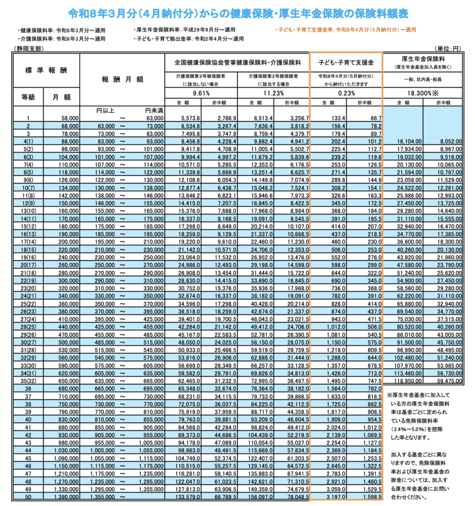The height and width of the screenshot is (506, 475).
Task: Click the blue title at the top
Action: [x=237, y=11]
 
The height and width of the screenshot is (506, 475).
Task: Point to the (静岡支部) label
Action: [x=29, y=48]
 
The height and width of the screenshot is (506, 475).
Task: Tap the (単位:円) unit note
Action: [x=449, y=48]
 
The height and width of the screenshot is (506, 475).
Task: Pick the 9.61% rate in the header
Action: [x=201, y=92]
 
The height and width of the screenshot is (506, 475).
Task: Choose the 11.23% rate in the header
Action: [x=274, y=92]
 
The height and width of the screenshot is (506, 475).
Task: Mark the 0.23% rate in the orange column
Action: [x=346, y=92]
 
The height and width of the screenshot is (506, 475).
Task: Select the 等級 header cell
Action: [x=28, y=97]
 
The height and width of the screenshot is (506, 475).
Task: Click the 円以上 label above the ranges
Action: [x=105, y=110]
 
